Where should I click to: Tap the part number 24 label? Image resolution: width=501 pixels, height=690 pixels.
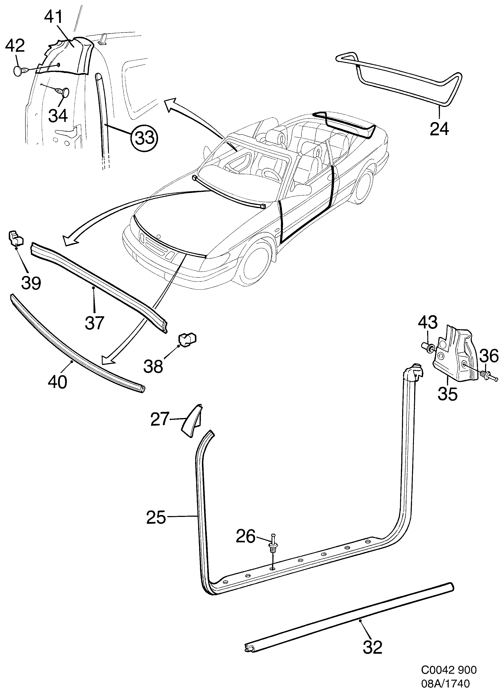439,129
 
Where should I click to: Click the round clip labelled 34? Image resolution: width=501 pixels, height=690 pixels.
64,92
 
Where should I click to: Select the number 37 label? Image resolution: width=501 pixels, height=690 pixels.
94,323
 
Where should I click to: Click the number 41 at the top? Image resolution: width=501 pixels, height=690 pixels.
54,17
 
